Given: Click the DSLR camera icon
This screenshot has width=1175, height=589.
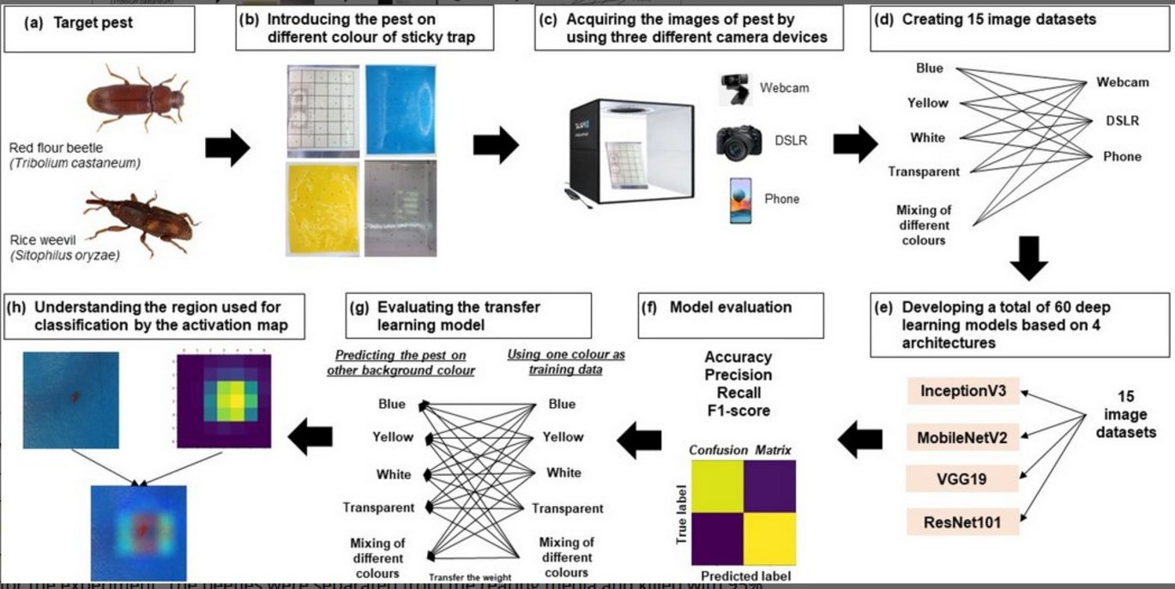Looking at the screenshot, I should tap(738, 141).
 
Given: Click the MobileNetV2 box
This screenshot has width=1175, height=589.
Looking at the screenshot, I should tap(963, 437).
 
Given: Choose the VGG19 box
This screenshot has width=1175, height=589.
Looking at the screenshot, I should tap(963, 478).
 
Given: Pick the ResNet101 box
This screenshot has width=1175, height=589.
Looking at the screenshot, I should tap(963, 520).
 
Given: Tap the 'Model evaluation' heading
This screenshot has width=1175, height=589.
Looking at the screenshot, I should tap(731, 307).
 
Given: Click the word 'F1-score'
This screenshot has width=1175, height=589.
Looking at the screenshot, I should tap(738, 411).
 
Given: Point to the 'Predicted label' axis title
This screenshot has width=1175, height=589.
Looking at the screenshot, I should tap(745, 576).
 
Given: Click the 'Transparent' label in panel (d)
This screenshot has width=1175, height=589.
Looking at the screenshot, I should tap(924, 171).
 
